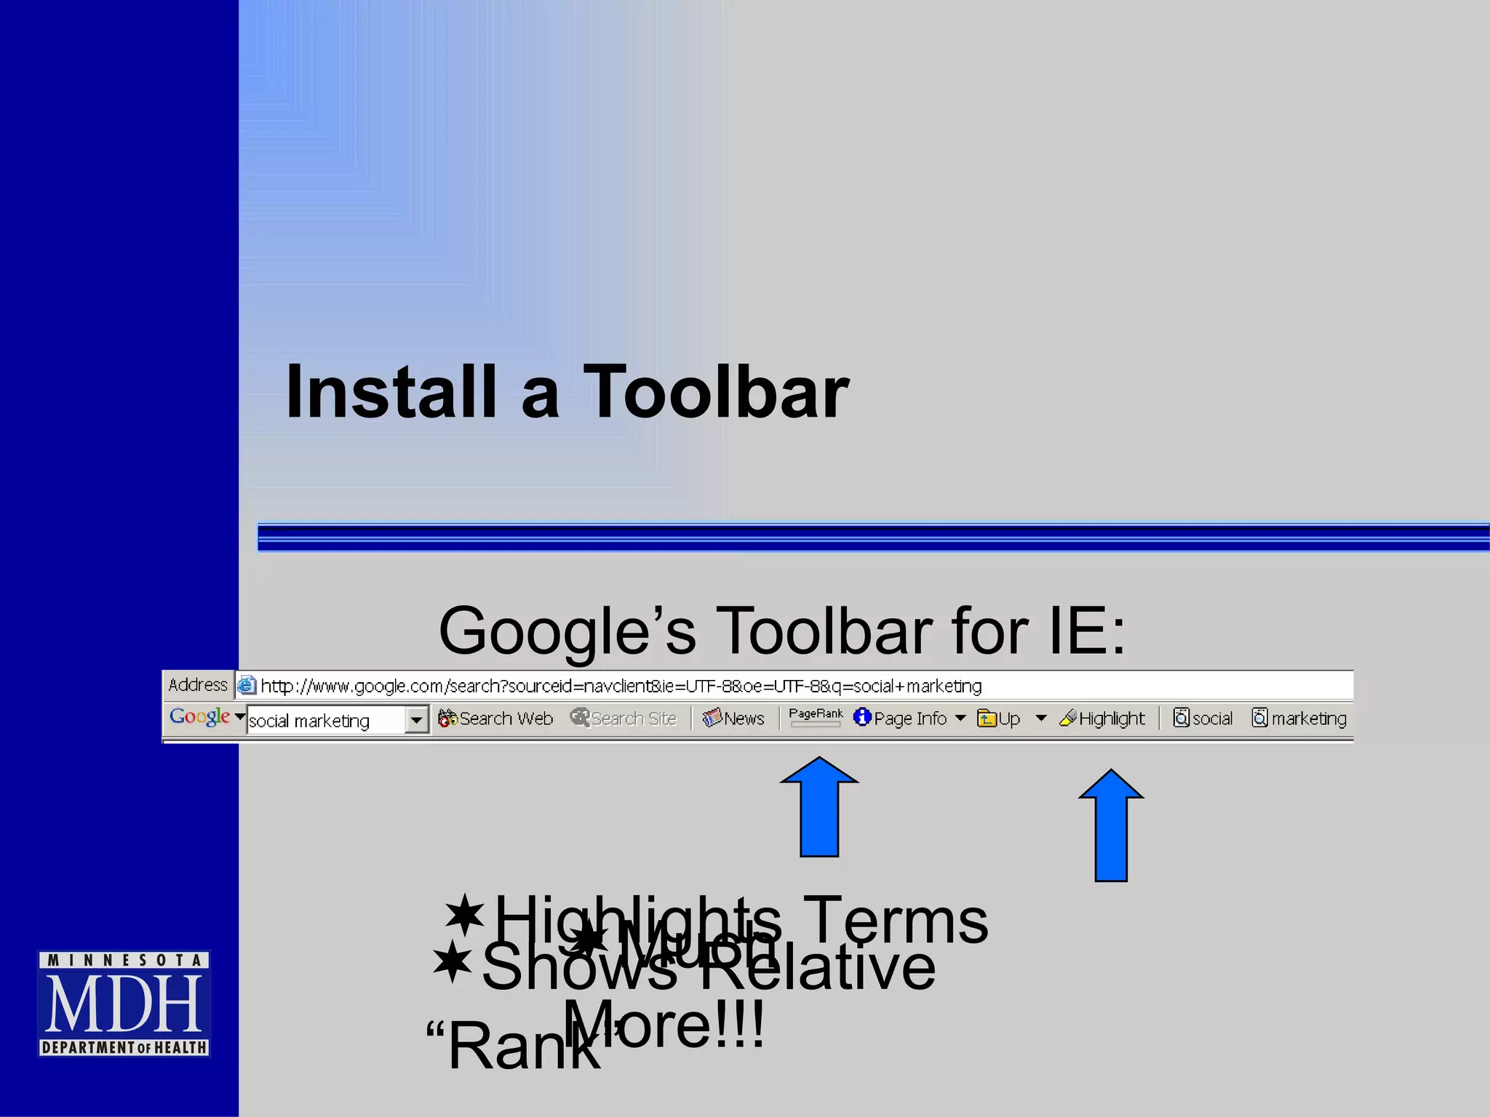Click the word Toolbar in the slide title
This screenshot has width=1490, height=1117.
coord(716,393)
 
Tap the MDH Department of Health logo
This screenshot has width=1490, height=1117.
coord(124,1004)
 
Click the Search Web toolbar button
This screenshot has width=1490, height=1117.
coord(495,718)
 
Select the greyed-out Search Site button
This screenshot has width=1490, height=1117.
coord(624,718)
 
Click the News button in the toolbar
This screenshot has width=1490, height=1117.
coord(733,718)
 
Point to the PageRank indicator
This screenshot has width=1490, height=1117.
coord(816,717)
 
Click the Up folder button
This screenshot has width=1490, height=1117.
coord(999,718)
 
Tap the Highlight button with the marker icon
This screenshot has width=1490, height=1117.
coord(1102,718)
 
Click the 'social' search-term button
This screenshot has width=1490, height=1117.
coord(1203,718)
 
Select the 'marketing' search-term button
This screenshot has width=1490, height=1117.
coord(1299,718)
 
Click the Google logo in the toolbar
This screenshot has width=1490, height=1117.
coord(199,717)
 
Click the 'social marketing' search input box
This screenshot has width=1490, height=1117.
coord(324,721)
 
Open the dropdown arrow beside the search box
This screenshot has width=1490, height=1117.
coord(417,720)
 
